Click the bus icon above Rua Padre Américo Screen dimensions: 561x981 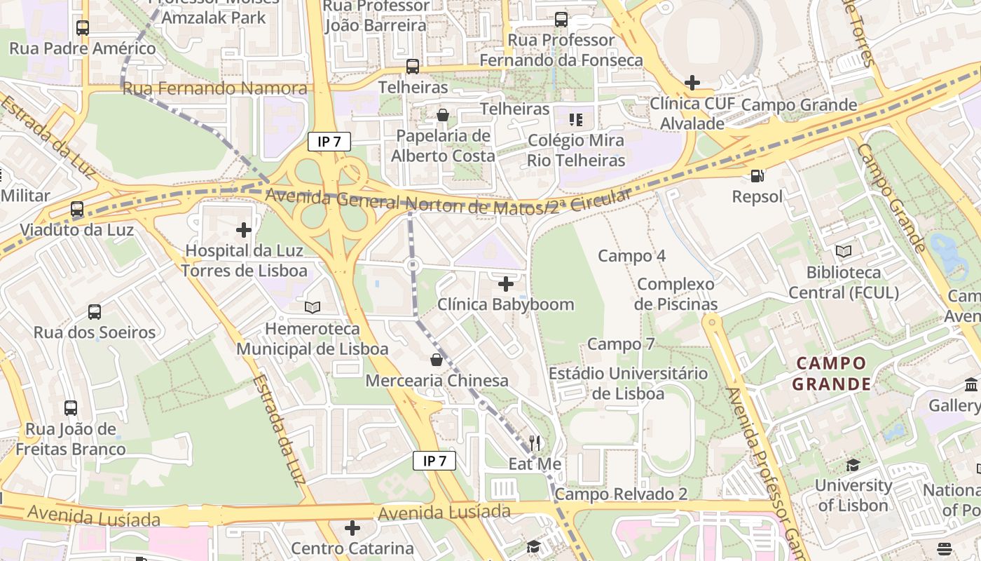83,28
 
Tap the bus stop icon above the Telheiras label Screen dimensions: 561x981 413,67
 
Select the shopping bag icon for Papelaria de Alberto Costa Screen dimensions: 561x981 442,115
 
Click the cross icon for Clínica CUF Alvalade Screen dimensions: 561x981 692,83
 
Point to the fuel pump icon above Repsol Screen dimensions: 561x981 757,175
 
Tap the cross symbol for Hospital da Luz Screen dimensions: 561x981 244,229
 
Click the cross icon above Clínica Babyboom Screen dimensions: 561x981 505,283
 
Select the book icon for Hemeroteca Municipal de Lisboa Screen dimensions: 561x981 313,307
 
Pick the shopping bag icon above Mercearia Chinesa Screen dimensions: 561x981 437,360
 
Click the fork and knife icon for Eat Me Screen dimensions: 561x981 535,442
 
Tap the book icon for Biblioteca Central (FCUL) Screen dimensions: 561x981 844,251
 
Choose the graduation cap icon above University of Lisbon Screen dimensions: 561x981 853,465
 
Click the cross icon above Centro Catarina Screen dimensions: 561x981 352,527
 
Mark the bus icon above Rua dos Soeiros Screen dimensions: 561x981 95,311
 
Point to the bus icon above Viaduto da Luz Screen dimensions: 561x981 77,209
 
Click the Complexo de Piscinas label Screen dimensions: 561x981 675,295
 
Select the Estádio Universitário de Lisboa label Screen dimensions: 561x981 628,384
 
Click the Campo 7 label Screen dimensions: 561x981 621,344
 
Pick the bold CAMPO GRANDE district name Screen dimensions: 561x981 831,374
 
